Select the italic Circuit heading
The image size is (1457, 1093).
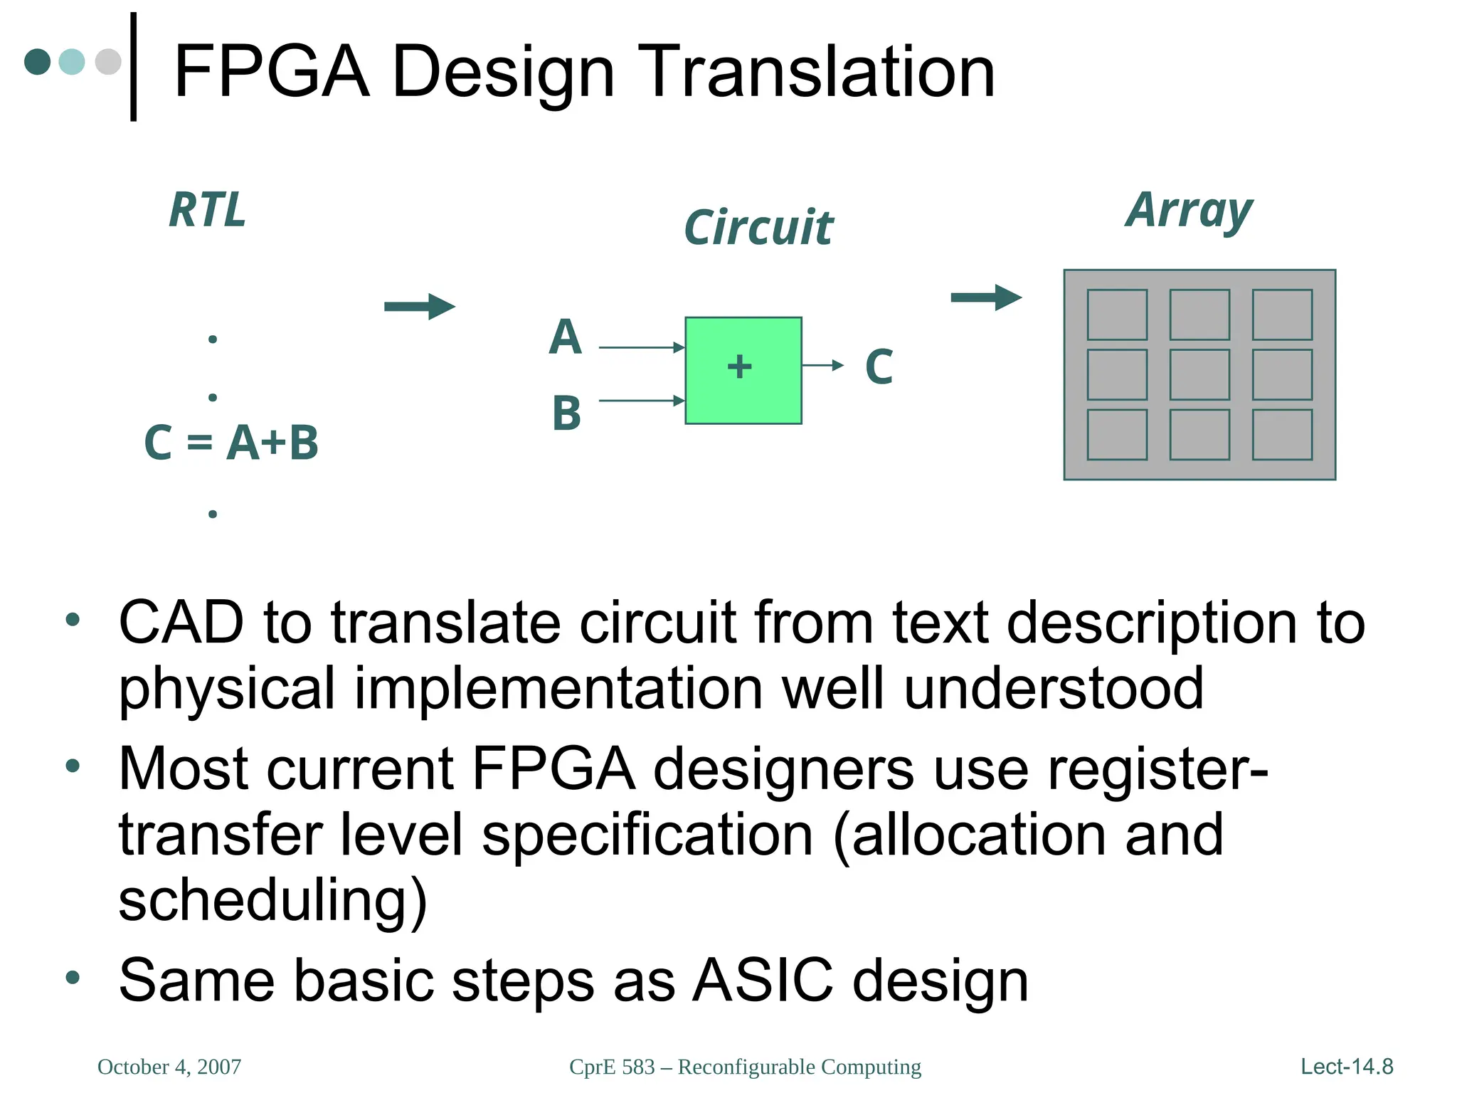[x=758, y=228]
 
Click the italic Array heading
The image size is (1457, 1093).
[x=1189, y=211]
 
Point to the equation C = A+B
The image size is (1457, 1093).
[x=231, y=443]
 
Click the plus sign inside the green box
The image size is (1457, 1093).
[x=739, y=367]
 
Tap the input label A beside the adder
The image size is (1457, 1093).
[x=566, y=337]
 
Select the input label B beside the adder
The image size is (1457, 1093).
[x=566, y=413]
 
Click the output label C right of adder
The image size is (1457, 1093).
[x=879, y=367]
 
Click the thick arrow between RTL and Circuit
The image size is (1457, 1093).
[x=419, y=307]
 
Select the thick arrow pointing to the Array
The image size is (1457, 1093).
[x=986, y=297]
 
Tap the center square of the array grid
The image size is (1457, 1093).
[x=1199, y=374]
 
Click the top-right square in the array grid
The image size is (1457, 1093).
[x=1282, y=315]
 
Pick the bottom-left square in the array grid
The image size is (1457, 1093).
[x=1117, y=434]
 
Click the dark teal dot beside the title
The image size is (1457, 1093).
[x=38, y=62]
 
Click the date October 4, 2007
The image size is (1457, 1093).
[x=169, y=1067]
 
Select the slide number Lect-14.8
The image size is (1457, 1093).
[x=1346, y=1067]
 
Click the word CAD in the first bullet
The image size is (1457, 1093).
[x=181, y=623]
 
